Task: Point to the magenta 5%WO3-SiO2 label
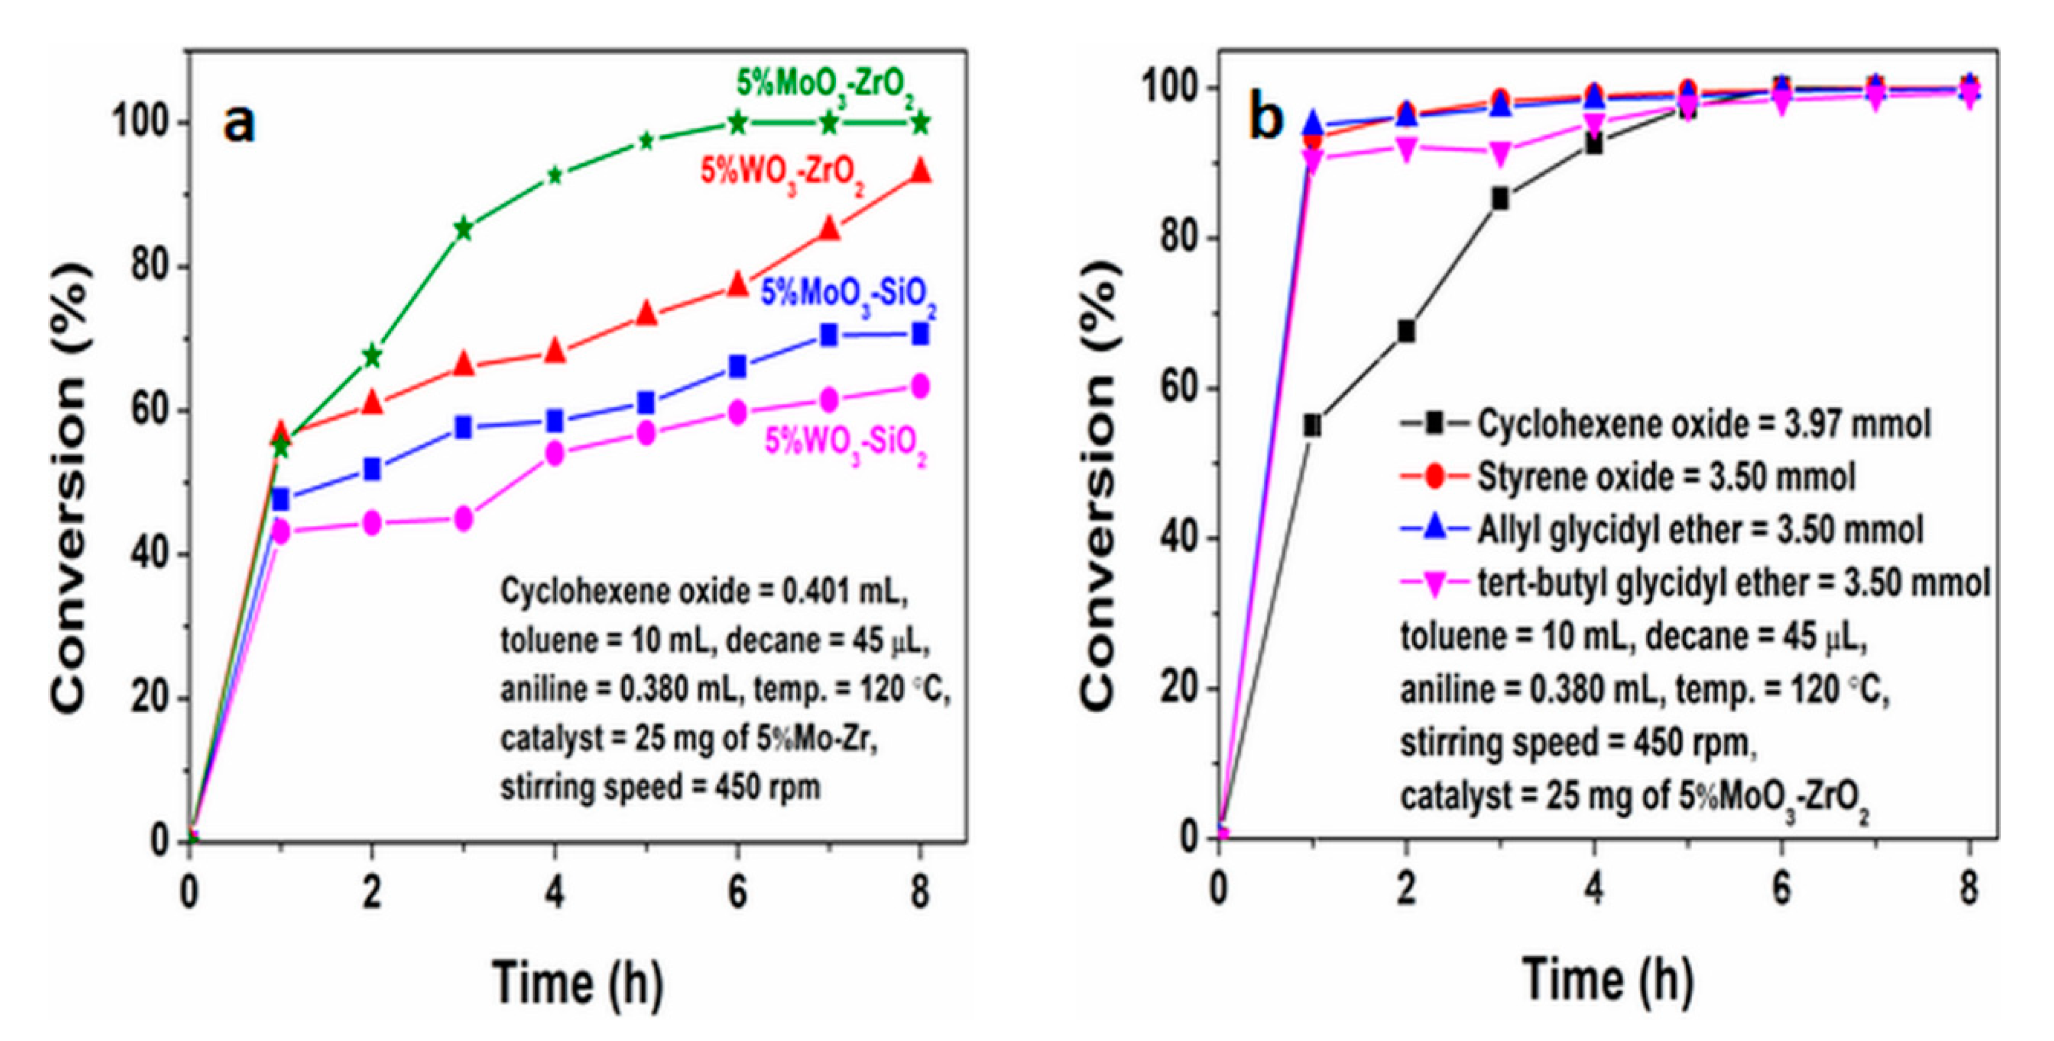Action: click(846, 442)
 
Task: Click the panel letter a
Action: click(239, 124)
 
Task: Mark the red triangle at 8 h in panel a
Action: click(921, 171)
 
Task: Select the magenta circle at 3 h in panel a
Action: click(463, 520)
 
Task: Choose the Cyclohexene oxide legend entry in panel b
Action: click(1666, 424)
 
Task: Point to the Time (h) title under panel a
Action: click(577, 982)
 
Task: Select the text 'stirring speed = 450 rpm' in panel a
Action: click(660, 788)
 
